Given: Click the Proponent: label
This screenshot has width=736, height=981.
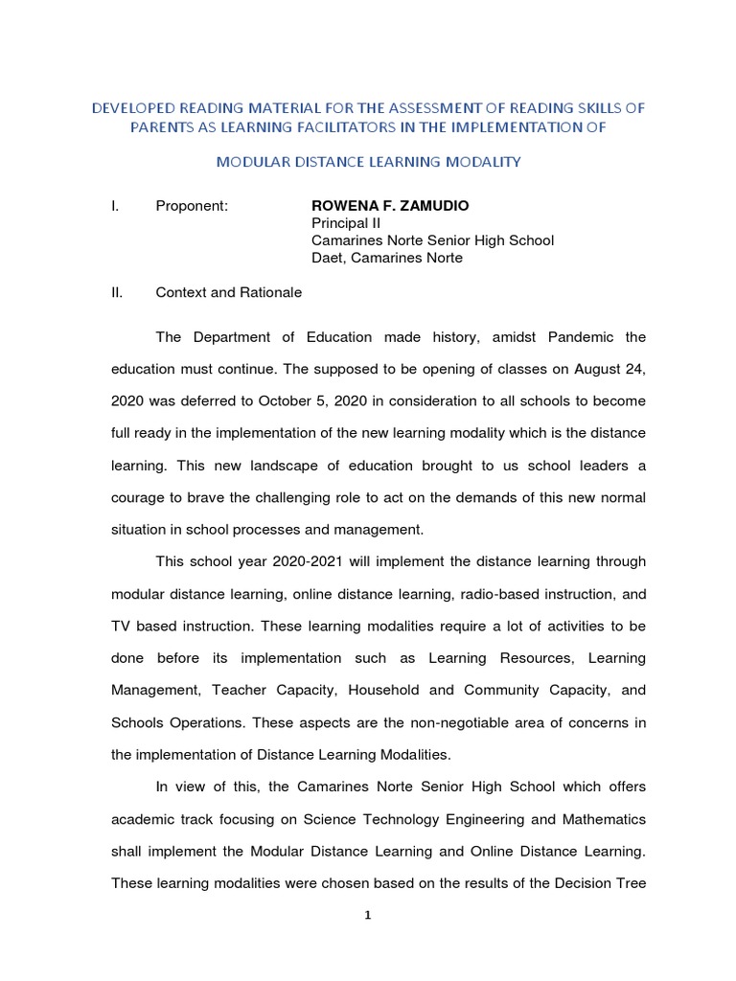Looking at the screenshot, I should coord(192,206).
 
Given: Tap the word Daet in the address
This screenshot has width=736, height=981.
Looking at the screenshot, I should coord(328,258).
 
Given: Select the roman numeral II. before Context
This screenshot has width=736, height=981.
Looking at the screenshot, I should coord(118,292).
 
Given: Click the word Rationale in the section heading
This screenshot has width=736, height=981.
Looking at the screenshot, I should coord(269,292).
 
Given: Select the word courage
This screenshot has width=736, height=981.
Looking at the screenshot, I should coord(141,497).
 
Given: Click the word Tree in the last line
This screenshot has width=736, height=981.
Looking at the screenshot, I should coord(630,882).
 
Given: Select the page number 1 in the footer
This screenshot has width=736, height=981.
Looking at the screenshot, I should coord(368,916).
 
